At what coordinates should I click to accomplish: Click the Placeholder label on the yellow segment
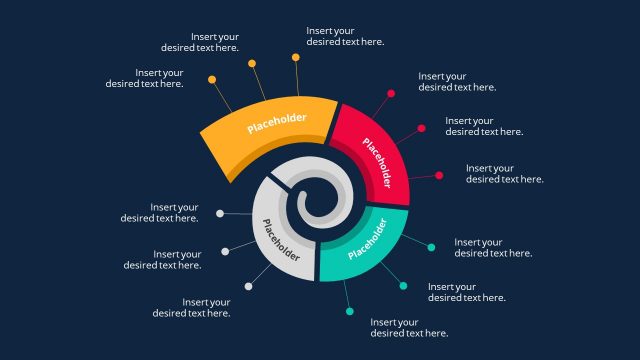[277, 123]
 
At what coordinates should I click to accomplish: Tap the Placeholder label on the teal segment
[368, 241]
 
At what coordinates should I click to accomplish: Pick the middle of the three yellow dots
[252, 63]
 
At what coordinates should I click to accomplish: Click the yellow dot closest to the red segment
[296, 57]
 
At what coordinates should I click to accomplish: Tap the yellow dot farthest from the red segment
[212, 79]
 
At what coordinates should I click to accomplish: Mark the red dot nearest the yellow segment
[391, 94]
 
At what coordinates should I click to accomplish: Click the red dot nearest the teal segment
[439, 175]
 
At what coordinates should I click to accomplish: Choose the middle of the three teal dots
[403, 286]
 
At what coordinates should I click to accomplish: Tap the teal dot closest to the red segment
[431, 247]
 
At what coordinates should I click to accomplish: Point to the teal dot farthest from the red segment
[350, 312]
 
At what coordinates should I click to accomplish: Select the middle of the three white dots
[225, 251]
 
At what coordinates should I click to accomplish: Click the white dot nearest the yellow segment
[220, 213]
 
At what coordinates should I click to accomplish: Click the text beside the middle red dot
[484, 126]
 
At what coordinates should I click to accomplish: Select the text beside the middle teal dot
[466, 292]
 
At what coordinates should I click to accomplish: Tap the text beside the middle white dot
[163, 260]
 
